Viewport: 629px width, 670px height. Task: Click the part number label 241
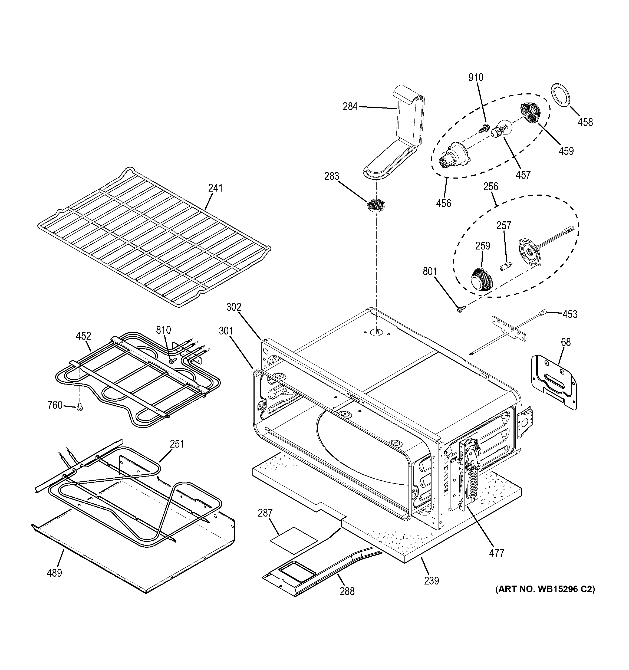215,188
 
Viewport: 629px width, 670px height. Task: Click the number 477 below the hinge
497,553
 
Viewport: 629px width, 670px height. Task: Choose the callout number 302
233,307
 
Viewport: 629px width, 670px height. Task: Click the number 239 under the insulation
432,580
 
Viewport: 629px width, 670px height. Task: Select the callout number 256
490,187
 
